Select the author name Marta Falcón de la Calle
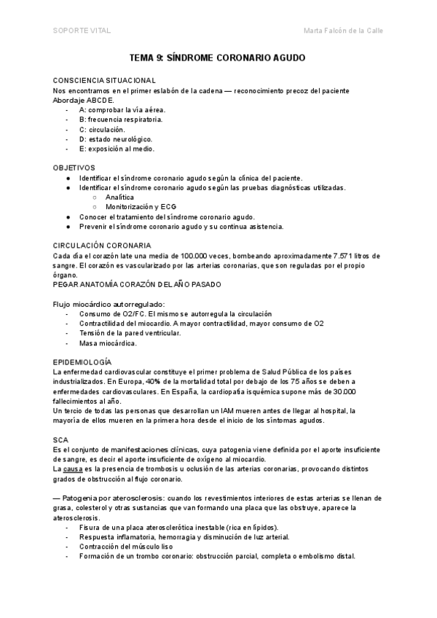[342, 30]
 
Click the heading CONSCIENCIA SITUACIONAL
[104, 79]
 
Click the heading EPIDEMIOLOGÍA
[82, 362]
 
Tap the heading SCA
[60, 441]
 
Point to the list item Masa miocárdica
[108, 343]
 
